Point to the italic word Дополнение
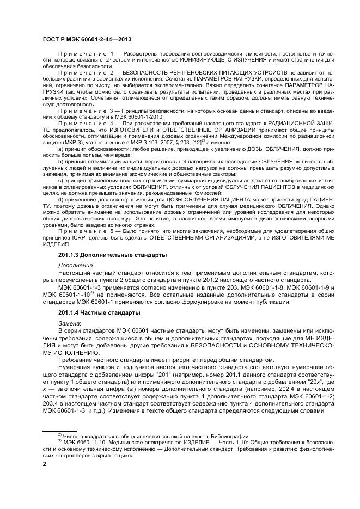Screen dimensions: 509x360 pyautogui.click(x=76, y=265)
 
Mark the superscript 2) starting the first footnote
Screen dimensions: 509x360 pyautogui.click(x=60, y=434)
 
